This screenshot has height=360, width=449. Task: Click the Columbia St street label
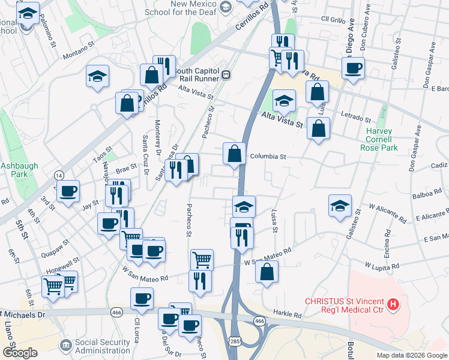pos(268,156)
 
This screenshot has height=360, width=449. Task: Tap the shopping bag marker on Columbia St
pos(234,153)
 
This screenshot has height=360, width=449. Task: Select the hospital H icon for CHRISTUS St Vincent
pos(393,305)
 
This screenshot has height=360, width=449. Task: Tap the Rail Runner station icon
pos(226,75)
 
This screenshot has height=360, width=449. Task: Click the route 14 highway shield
pos(59,175)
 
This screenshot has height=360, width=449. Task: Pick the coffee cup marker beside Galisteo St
pos(353,67)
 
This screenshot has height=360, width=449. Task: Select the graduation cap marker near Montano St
pos(97,76)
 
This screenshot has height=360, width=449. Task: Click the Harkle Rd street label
pos(289,314)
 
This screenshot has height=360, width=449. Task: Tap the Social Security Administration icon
pos(65,346)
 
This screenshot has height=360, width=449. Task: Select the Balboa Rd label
pos(426,196)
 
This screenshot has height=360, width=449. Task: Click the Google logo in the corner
pos(20,353)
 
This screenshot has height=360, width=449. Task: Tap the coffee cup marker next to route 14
pos(67,191)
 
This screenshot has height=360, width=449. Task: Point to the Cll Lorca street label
pos(137,330)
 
